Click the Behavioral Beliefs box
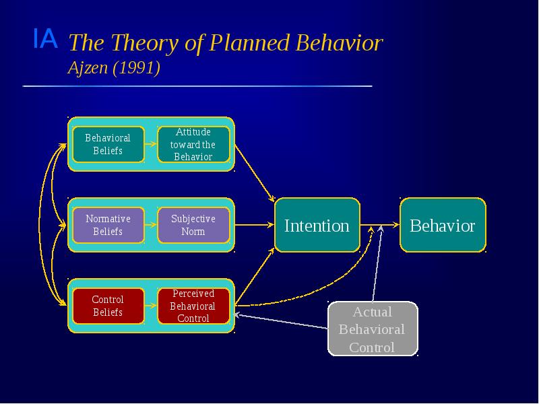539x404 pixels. point(108,144)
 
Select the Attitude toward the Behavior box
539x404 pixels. point(193,144)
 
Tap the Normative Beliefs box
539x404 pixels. point(108,225)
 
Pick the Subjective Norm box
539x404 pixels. point(193,225)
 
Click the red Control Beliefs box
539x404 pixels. point(108,306)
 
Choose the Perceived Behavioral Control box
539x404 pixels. point(193,306)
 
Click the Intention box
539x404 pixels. point(317,226)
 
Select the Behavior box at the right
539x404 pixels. point(443,226)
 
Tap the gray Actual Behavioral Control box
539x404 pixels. point(372,329)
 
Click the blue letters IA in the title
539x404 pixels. point(45,40)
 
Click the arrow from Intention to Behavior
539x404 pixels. point(379,226)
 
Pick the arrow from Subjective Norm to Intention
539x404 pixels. point(254,226)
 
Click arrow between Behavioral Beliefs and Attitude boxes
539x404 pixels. point(151,144)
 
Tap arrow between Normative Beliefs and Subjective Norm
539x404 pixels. point(151,225)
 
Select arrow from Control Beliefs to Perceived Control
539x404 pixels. point(151,306)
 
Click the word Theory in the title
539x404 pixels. point(139,44)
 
